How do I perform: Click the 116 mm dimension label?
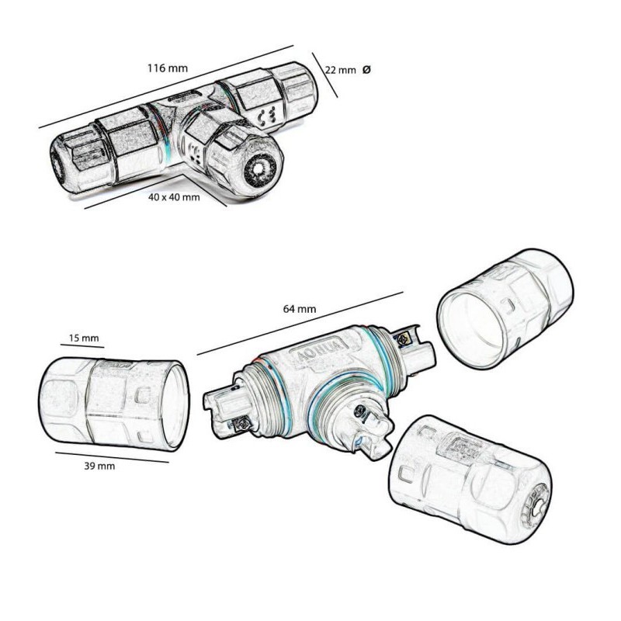167,68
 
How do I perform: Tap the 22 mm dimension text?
340,70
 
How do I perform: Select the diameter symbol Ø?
366,70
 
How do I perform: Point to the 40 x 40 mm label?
174,197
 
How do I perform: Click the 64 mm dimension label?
299,309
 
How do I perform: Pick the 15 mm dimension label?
84,338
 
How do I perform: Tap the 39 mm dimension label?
99,466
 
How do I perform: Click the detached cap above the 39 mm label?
113,402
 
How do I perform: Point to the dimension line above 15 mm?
82,345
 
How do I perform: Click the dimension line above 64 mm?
300,323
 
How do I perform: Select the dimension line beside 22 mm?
324,75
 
